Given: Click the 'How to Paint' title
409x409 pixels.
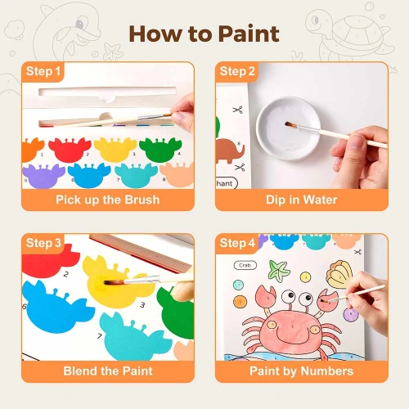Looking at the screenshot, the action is point(204,34).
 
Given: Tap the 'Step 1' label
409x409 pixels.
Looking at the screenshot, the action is point(43,71).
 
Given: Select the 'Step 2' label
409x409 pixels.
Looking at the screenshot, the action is point(237,71).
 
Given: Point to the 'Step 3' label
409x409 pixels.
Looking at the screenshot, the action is point(43,243).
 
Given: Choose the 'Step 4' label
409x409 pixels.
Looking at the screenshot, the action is point(237,243).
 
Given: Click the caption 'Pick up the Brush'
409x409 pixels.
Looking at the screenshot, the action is point(108,200).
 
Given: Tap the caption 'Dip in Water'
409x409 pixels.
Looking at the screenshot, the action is point(302,200).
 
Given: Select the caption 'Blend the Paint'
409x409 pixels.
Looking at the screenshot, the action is point(108,371).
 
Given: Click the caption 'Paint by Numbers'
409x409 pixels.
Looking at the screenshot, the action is point(302,371).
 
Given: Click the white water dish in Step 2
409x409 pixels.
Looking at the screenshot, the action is point(289,128).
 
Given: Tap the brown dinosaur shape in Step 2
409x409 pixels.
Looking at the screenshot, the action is point(229,151).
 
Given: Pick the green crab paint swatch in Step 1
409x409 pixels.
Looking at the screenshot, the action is point(160,149).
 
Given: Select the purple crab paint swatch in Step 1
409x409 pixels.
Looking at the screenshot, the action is point(43,176).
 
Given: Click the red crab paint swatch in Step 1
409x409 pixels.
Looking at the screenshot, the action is point(70,149).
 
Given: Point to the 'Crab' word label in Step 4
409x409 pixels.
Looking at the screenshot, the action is point(245,265).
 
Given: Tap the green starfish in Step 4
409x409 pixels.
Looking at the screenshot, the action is point(279,270).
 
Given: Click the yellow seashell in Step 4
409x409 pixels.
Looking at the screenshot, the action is point(339,274).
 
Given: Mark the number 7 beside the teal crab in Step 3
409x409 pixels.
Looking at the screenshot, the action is point(100,335).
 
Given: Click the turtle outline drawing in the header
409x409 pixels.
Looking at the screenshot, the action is point(349,34).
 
